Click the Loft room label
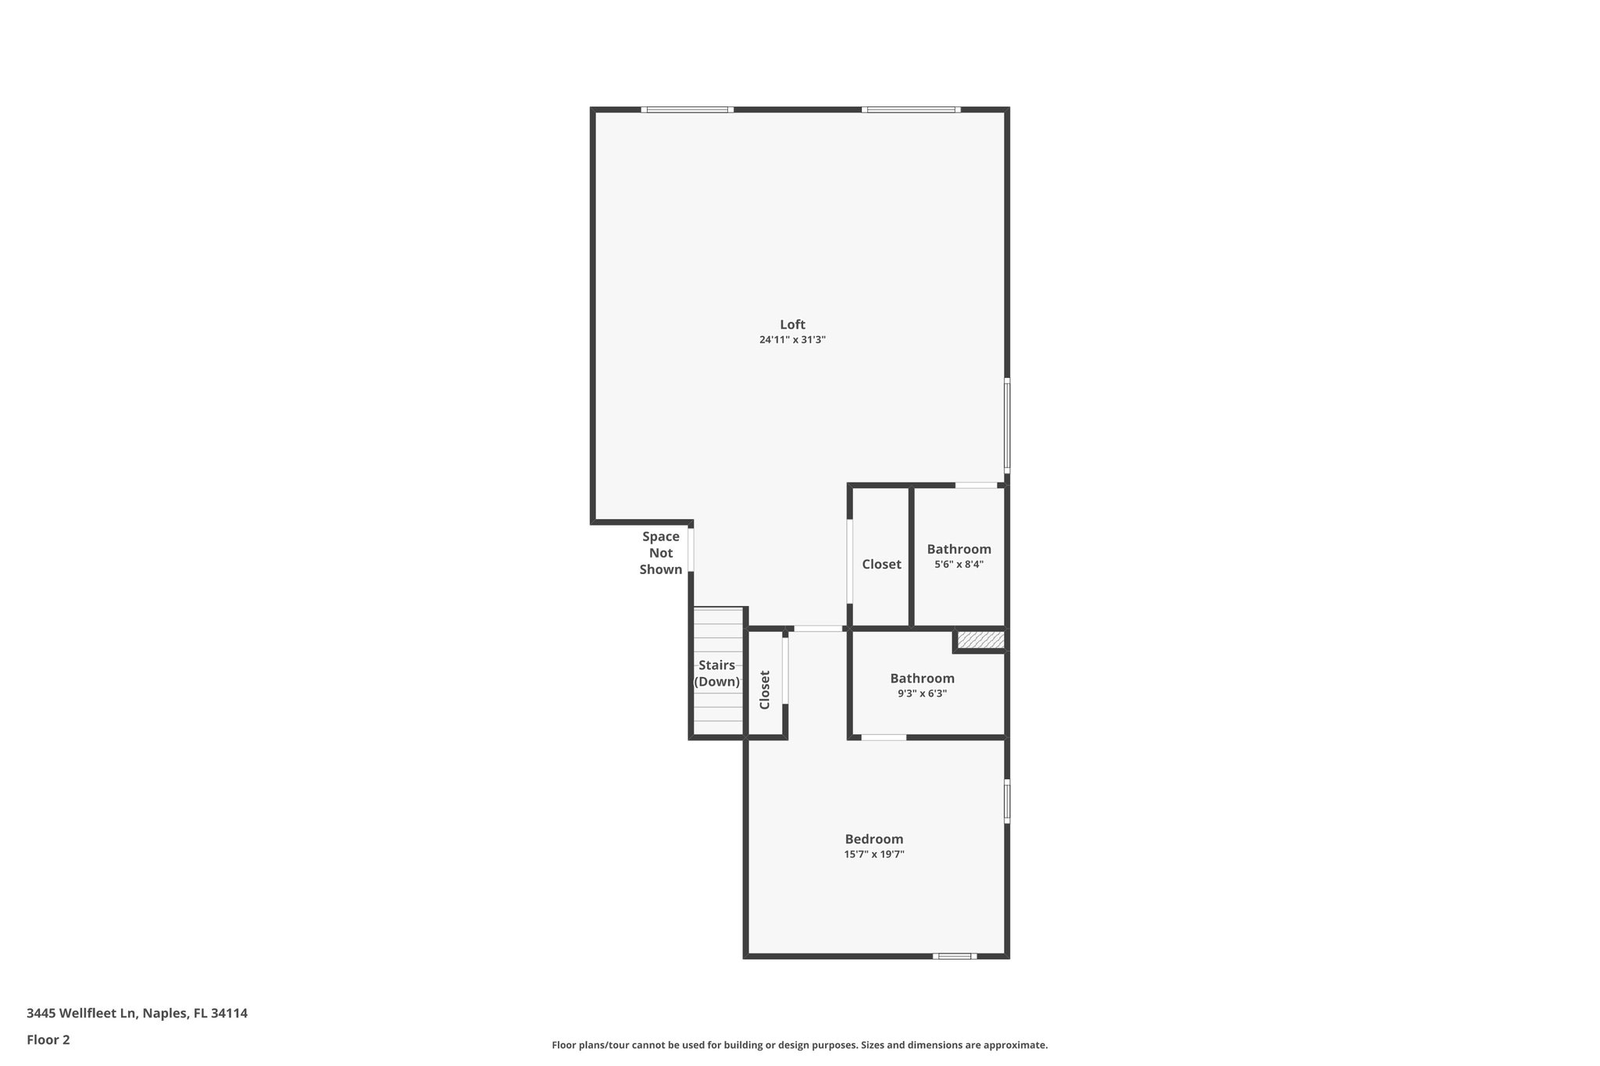click(x=792, y=325)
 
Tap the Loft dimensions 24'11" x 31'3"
click(x=792, y=340)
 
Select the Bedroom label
click(x=873, y=840)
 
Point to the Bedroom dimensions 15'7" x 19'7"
click(x=873, y=855)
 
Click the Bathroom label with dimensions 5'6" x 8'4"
click(x=959, y=550)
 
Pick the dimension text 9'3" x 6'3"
click(x=922, y=693)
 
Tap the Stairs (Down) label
click(x=717, y=673)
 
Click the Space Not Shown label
click(x=661, y=553)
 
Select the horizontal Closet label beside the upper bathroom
click(x=881, y=565)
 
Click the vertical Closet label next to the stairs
click(x=765, y=690)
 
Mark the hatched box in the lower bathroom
click(x=980, y=640)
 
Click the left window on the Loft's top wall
click(x=687, y=109)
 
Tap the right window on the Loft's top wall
click(x=912, y=109)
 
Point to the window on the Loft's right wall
click(x=1007, y=426)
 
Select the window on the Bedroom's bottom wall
click(x=954, y=956)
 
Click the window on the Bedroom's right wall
click(x=1007, y=801)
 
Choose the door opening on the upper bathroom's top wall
click(x=977, y=486)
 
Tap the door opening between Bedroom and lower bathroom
click(x=884, y=737)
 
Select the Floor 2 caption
click(x=48, y=1039)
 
